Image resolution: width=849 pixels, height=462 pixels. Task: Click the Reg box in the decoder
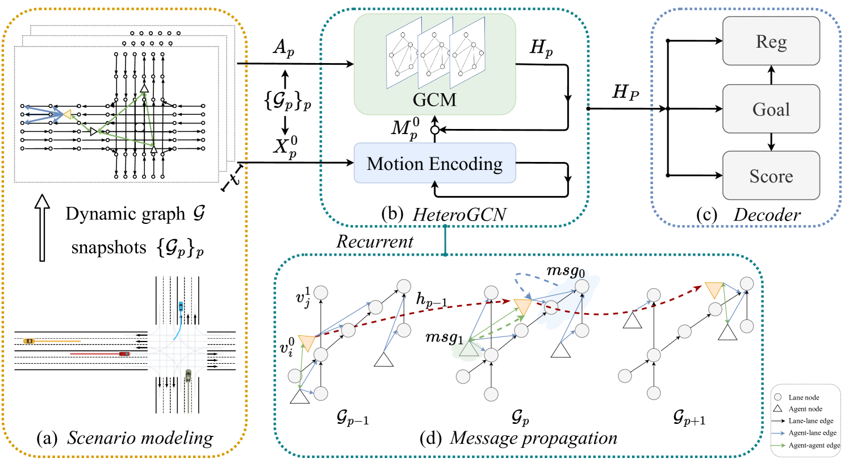pyautogui.click(x=771, y=41)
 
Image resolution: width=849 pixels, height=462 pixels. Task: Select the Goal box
pyautogui.click(x=771, y=109)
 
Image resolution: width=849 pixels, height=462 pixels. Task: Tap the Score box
pyautogui.click(x=771, y=176)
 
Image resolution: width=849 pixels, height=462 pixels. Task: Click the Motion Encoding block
pyautogui.click(x=434, y=164)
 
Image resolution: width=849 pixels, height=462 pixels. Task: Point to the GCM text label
pyautogui.click(x=434, y=99)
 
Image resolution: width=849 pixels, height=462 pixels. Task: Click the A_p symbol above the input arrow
pyautogui.click(x=283, y=48)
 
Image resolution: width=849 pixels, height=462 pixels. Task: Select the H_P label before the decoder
pyautogui.click(x=625, y=92)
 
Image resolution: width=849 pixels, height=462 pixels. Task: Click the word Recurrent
pyautogui.click(x=374, y=242)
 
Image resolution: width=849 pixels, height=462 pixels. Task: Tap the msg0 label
pyautogui.click(x=565, y=270)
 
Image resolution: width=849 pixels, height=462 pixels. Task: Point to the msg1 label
pyautogui.click(x=444, y=338)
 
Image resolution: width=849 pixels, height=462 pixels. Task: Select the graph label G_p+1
pyautogui.click(x=689, y=419)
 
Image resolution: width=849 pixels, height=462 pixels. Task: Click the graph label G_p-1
pyautogui.click(x=352, y=419)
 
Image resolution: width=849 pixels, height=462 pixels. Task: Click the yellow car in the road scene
pyautogui.click(x=29, y=341)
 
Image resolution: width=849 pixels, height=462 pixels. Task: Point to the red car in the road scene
pyautogui.click(x=124, y=353)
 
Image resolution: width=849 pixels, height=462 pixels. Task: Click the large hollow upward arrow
pyautogui.click(x=42, y=227)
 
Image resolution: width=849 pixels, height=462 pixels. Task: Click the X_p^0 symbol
pyautogui.click(x=285, y=147)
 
